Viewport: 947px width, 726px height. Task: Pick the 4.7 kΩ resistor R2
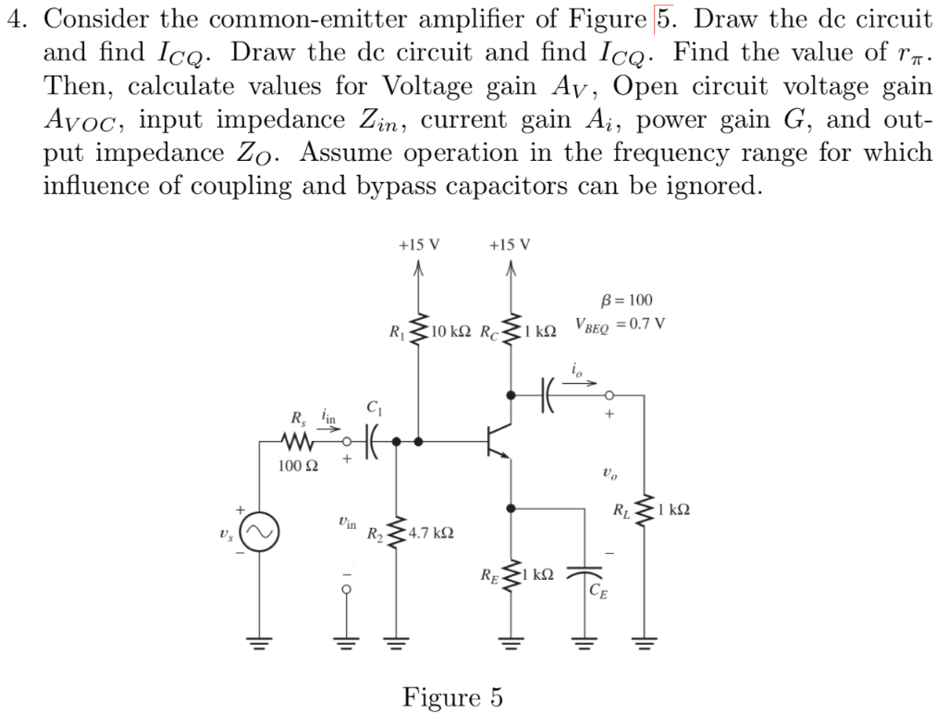pos(399,534)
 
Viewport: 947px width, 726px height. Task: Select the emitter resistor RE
pos(510,575)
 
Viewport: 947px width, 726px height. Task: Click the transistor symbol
pos(497,442)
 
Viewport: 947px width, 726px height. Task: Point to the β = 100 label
pos(625,300)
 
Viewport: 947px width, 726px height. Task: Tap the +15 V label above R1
pos(418,245)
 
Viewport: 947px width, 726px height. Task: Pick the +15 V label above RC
pos(510,245)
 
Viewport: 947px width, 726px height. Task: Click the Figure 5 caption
pos(452,696)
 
